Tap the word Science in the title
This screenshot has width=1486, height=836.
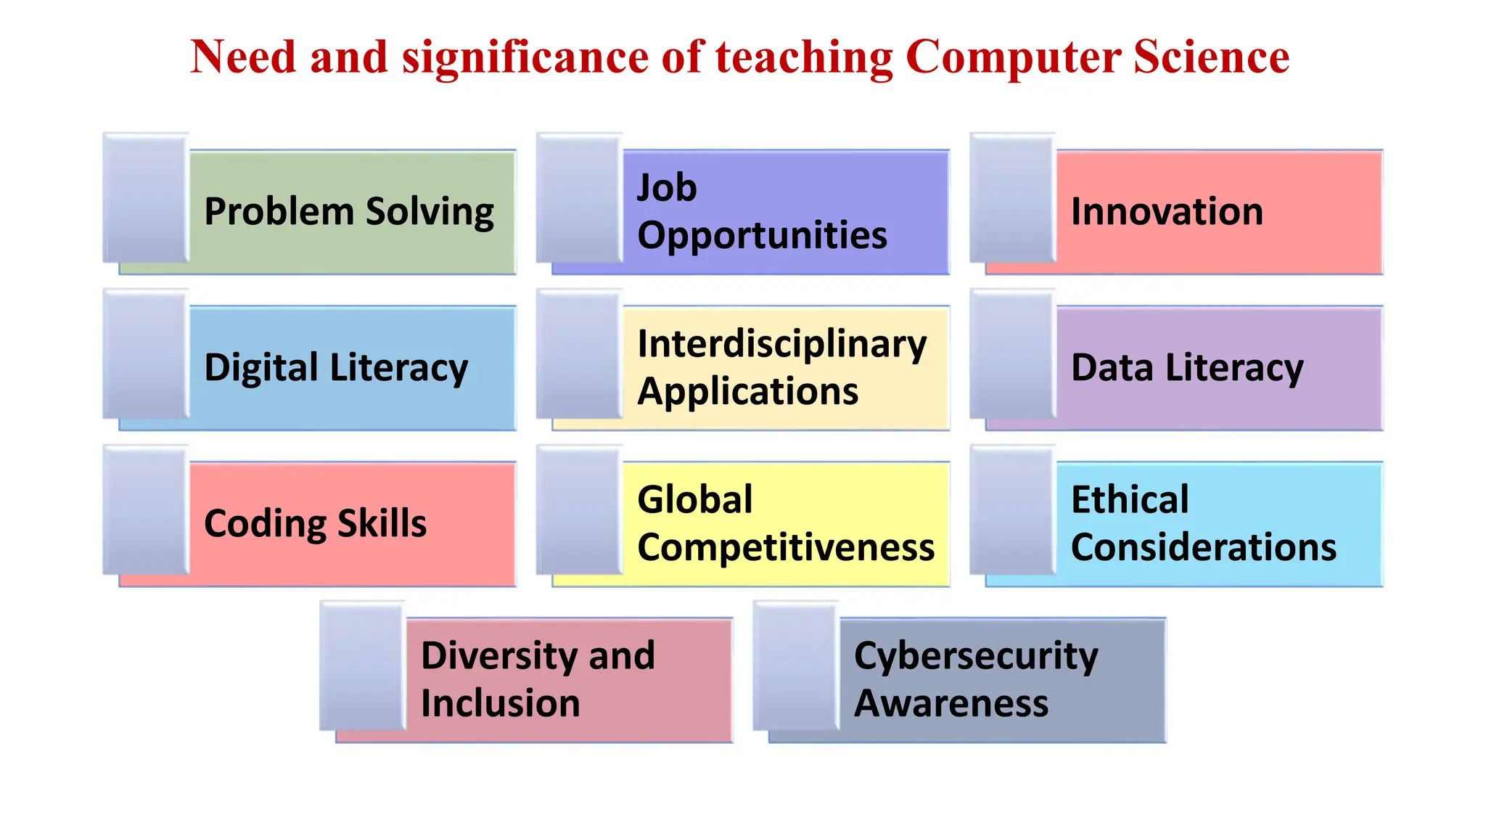click(x=1211, y=57)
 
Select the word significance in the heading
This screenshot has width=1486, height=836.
click(x=525, y=57)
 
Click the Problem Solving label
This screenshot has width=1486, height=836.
click(x=349, y=212)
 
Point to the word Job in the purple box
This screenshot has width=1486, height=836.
click(x=667, y=187)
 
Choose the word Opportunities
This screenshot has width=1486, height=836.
click(x=762, y=235)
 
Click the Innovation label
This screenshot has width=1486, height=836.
click(x=1167, y=212)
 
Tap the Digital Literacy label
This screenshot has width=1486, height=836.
click(x=336, y=368)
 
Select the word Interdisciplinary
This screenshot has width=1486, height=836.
click(x=781, y=344)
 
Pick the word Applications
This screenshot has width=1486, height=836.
click(x=747, y=392)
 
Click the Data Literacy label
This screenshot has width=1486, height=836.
click(x=1187, y=368)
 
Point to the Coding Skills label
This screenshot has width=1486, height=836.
click(x=316, y=523)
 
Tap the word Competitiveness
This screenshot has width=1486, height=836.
click(x=786, y=547)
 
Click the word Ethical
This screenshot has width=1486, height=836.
click(x=1130, y=499)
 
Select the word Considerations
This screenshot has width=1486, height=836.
click(x=1203, y=547)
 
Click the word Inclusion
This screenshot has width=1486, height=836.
click(x=500, y=703)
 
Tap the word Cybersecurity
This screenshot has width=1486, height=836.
click(x=976, y=656)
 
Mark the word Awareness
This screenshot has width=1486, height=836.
click(x=951, y=703)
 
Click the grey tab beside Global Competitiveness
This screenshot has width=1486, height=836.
click(x=579, y=510)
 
